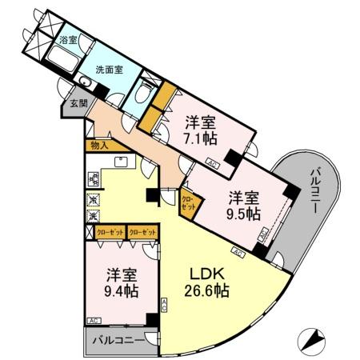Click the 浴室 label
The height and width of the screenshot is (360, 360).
point(68,39)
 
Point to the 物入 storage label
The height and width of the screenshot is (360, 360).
point(100,146)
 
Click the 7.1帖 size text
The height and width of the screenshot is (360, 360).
point(198,138)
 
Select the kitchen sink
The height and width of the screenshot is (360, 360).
point(122,162)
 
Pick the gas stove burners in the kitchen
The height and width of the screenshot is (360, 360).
point(94,207)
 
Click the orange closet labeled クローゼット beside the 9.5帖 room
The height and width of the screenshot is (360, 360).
point(188,202)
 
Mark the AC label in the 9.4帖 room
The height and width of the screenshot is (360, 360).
point(94,321)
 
